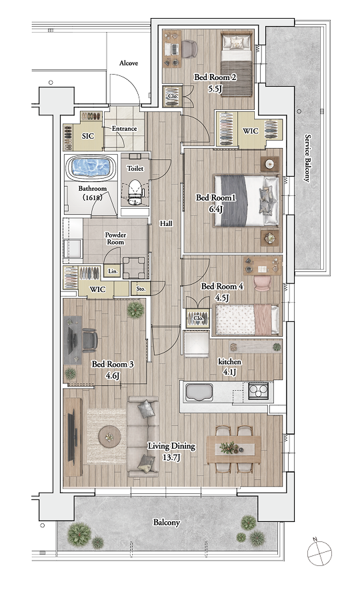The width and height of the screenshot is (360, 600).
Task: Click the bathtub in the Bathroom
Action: [x=91, y=167]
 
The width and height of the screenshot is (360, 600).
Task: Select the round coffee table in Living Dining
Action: [x=110, y=437]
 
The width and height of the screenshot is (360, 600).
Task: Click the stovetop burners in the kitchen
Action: [x=258, y=391]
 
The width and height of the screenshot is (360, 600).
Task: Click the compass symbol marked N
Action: [x=319, y=553]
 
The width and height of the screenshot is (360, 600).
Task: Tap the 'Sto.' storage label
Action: [x=141, y=289]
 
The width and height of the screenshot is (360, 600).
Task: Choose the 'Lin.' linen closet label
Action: [x=113, y=271]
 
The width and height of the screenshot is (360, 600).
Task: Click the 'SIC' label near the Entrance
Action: [x=88, y=136]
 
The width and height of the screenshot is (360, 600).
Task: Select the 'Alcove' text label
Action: [x=129, y=63]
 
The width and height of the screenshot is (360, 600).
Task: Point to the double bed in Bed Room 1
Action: [x=246, y=201]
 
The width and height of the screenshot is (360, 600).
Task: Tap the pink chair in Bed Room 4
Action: [x=263, y=283]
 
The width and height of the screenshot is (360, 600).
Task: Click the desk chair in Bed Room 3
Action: [x=90, y=340]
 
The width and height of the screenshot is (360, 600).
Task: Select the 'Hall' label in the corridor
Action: [x=166, y=224]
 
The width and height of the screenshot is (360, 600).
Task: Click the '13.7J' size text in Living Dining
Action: [x=171, y=458]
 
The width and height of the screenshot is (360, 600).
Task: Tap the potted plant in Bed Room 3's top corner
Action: [x=136, y=309]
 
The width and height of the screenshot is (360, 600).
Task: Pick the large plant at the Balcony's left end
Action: [x=79, y=533]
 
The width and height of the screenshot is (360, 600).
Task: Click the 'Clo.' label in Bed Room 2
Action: [x=173, y=96]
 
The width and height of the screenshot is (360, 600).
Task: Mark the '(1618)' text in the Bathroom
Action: [x=92, y=197]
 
